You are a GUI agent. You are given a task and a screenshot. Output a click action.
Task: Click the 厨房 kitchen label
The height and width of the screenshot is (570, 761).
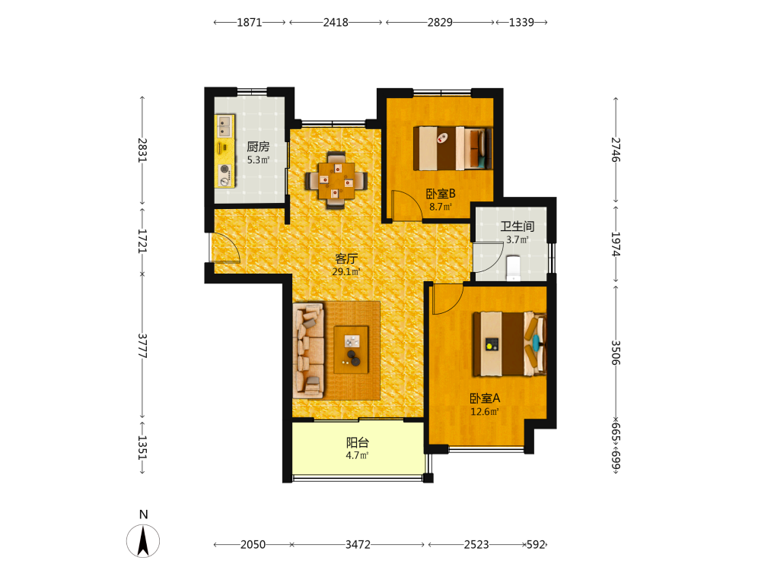[x=258, y=146]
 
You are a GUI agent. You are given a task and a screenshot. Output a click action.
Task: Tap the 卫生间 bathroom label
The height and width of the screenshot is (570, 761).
[x=517, y=226]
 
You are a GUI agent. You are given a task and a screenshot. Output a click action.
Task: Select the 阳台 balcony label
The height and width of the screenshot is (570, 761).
[x=357, y=442]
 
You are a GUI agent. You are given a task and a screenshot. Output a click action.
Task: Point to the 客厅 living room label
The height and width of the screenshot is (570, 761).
[x=346, y=258]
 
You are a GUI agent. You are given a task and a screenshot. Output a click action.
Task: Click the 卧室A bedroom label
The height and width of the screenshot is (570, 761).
[x=484, y=398]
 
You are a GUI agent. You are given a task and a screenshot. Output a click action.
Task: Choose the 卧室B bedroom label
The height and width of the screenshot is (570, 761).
[x=440, y=193]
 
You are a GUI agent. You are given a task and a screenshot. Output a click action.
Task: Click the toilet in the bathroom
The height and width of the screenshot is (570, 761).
[x=513, y=268]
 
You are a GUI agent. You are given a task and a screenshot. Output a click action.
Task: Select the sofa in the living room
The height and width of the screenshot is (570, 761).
[x=309, y=350]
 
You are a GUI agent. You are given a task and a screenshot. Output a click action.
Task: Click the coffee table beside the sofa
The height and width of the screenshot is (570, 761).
[x=351, y=350]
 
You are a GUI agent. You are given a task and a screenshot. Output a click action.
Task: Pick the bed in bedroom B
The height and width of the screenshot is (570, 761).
[x=453, y=148]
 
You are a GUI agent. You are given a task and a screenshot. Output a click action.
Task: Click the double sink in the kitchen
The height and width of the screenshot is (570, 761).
[x=224, y=126]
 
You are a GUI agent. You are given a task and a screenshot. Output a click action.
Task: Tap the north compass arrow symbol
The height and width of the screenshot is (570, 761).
[x=143, y=541]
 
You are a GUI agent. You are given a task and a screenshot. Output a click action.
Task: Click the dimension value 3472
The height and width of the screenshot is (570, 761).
[x=358, y=544]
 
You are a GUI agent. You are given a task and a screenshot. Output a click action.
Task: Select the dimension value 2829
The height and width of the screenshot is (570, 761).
[x=440, y=22]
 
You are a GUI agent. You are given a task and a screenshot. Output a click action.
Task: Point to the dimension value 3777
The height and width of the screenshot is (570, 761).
[x=142, y=346]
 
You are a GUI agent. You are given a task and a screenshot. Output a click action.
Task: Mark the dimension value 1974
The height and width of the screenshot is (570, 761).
[x=616, y=244]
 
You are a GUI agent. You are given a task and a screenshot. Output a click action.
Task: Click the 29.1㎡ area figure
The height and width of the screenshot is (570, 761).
[x=346, y=271]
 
